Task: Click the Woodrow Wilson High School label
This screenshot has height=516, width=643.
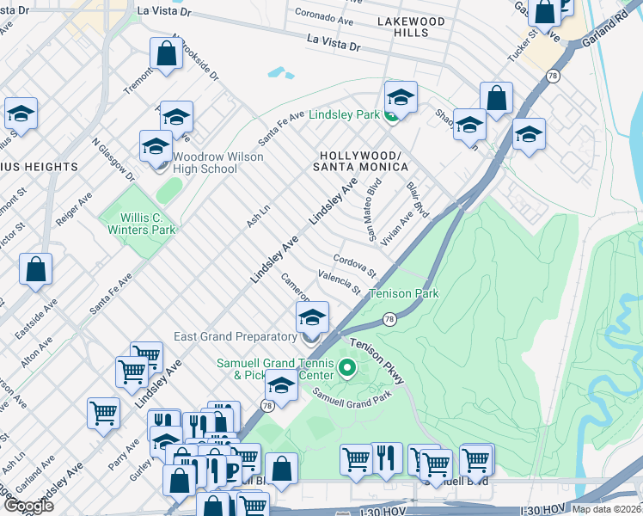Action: pos(218,163)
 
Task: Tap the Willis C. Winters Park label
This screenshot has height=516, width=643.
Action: pos(142,224)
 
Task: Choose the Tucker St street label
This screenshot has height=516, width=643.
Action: pos(521,45)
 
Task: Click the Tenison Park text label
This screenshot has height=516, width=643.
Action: pos(404,294)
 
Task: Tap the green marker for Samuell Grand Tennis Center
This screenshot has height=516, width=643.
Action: pos(347,369)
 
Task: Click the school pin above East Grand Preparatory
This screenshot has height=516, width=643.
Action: pos(312,318)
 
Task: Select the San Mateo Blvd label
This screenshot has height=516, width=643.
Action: pos(373,210)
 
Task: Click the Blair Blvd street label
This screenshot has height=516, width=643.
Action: pos(417,197)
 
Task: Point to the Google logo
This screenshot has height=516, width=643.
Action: pos(28,506)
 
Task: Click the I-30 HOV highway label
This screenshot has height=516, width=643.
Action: pos(384,512)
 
